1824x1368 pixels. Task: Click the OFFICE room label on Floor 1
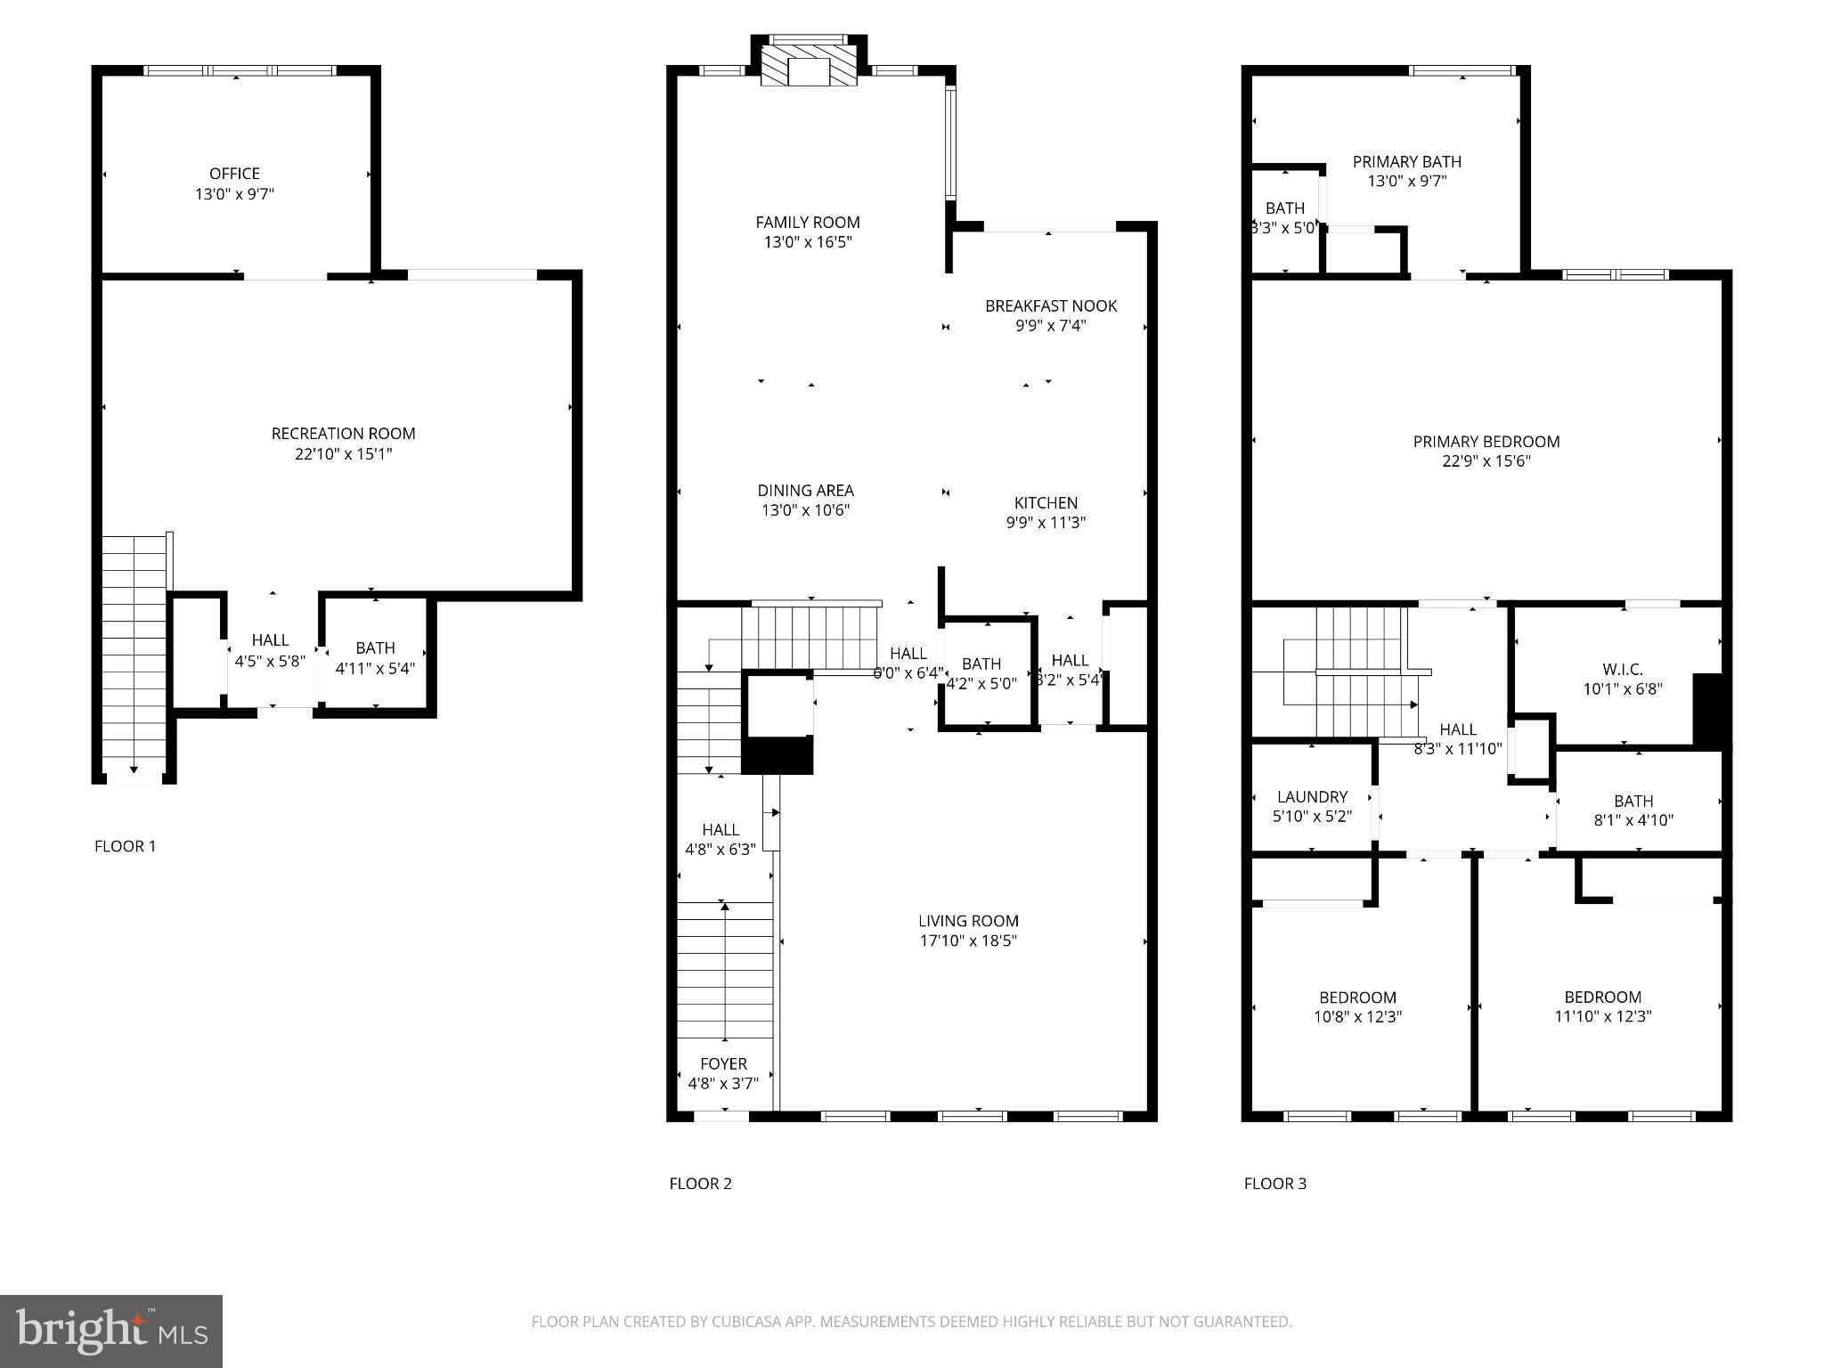click(234, 174)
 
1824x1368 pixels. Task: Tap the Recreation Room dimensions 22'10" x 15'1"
click(343, 454)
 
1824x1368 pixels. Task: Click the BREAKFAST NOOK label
click(1050, 306)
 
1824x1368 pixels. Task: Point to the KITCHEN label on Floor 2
click(1046, 503)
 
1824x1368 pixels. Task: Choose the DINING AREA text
click(805, 491)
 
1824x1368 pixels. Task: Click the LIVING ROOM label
click(968, 921)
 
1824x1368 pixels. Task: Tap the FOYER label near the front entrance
click(723, 1063)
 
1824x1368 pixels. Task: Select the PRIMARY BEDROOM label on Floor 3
click(1486, 442)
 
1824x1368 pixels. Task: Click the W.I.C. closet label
click(1622, 669)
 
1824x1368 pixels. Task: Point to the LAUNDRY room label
click(1312, 797)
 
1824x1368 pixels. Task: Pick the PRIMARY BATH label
click(1406, 162)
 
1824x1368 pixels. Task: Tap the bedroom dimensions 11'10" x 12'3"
click(1602, 1017)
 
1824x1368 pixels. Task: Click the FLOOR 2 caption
click(700, 1184)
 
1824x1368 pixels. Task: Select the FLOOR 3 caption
click(1274, 1184)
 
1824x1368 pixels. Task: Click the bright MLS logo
click(111, 1331)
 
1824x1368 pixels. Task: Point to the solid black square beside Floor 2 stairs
click(778, 755)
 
